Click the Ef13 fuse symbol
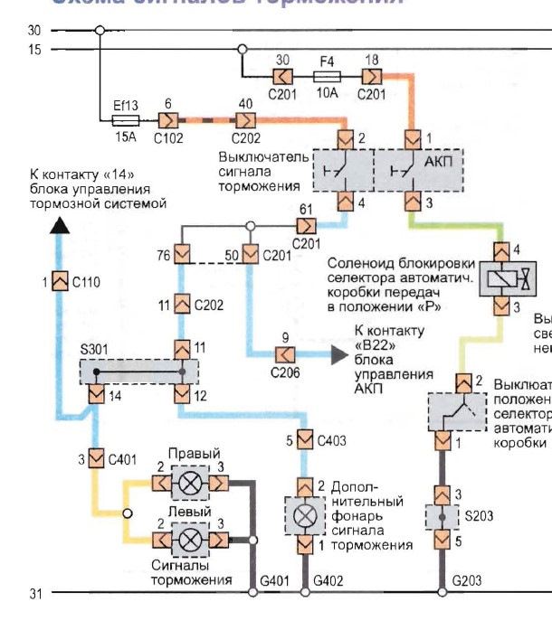[124, 119]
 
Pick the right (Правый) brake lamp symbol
[190, 484]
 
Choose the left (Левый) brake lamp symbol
[190, 541]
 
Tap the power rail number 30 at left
[34, 30]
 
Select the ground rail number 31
[34, 593]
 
